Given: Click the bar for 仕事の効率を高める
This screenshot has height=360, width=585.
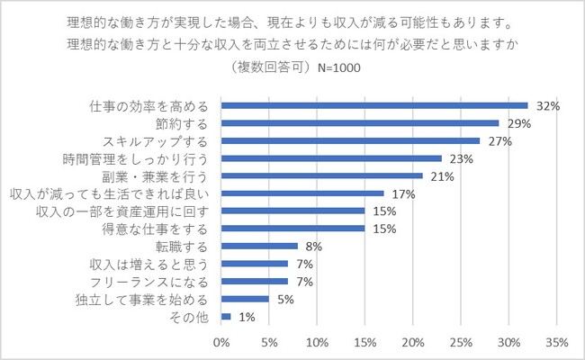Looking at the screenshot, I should point(373,105).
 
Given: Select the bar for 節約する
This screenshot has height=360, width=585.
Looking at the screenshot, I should point(359,122).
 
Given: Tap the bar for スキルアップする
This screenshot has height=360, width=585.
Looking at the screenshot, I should point(350,140).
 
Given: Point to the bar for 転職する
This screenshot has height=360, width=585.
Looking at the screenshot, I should point(259,246).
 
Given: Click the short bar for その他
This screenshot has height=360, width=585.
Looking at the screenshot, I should point(226,316).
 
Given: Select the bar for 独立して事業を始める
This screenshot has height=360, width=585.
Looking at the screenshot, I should point(245,299).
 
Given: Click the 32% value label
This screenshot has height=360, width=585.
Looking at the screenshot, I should point(547,105).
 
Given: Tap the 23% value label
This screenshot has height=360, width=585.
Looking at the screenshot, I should point(461,158).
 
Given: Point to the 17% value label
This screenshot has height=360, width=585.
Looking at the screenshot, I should point(403,193).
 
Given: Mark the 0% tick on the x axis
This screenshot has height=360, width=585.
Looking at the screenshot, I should point(221,342).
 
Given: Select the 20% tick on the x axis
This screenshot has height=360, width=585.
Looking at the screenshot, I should point(412,342).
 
